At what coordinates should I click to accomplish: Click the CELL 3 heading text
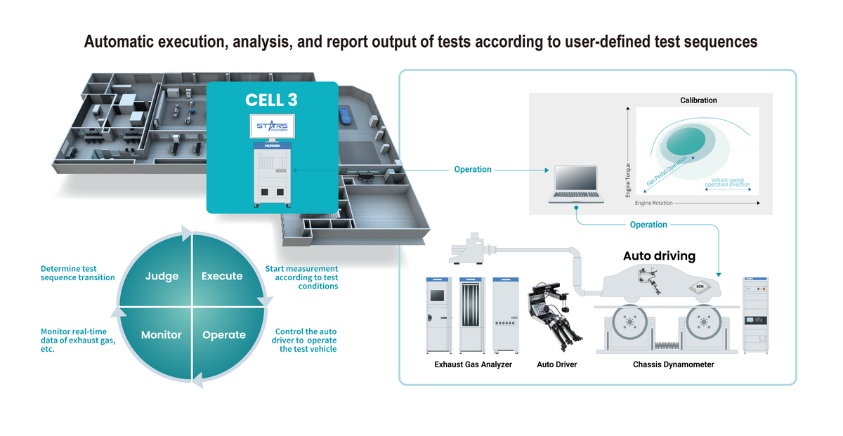click(x=271, y=100)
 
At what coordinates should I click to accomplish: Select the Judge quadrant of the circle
click(x=162, y=276)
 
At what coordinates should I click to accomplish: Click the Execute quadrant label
click(x=222, y=276)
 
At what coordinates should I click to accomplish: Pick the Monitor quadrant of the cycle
click(x=161, y=335)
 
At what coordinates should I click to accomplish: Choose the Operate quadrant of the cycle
click(x=223, y=335)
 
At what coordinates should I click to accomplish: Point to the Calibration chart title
click(x=698, y=100)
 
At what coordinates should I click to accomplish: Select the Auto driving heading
click(x=659, y=256)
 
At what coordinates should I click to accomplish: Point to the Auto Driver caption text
click(x=556, y=364)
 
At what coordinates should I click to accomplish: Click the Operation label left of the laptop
click(x=473, y=170)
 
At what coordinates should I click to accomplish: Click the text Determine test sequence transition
click(x=78, y=273)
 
